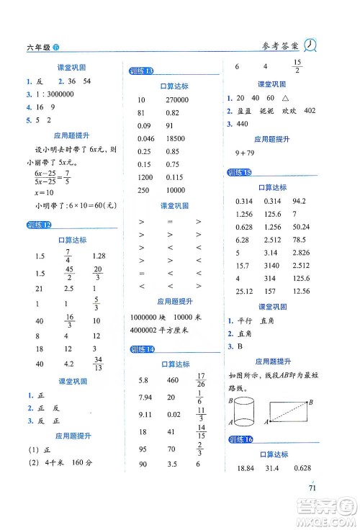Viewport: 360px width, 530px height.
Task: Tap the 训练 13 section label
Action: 142,71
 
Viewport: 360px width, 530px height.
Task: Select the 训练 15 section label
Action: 238,172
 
